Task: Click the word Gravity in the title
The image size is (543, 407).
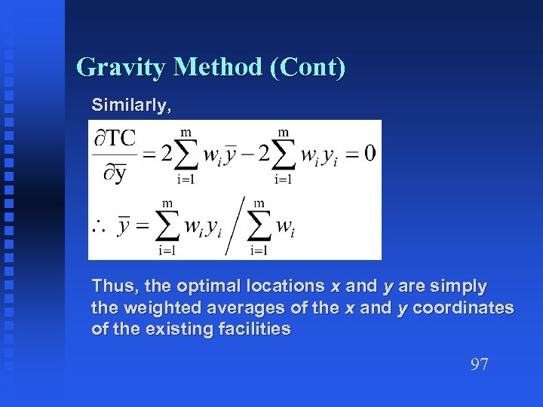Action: tap(121, 68)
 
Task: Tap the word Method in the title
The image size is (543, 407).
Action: tap(218, 68)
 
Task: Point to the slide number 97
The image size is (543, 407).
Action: tap(479, 365)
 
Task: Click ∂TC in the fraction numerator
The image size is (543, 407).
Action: tap(115, 139)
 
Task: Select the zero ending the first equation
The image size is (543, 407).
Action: tap(369, 153)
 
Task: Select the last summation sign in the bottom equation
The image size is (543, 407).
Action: tap(259, 225)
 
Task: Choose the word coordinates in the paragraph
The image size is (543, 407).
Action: tap(463, 308)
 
